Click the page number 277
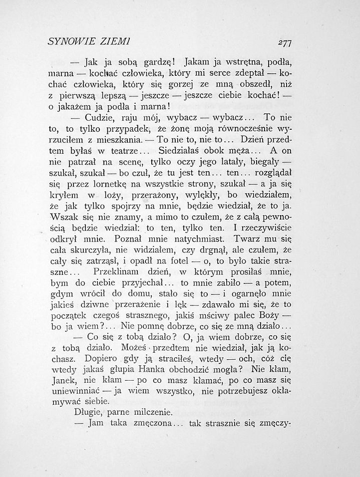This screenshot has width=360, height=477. click(285, 42)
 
